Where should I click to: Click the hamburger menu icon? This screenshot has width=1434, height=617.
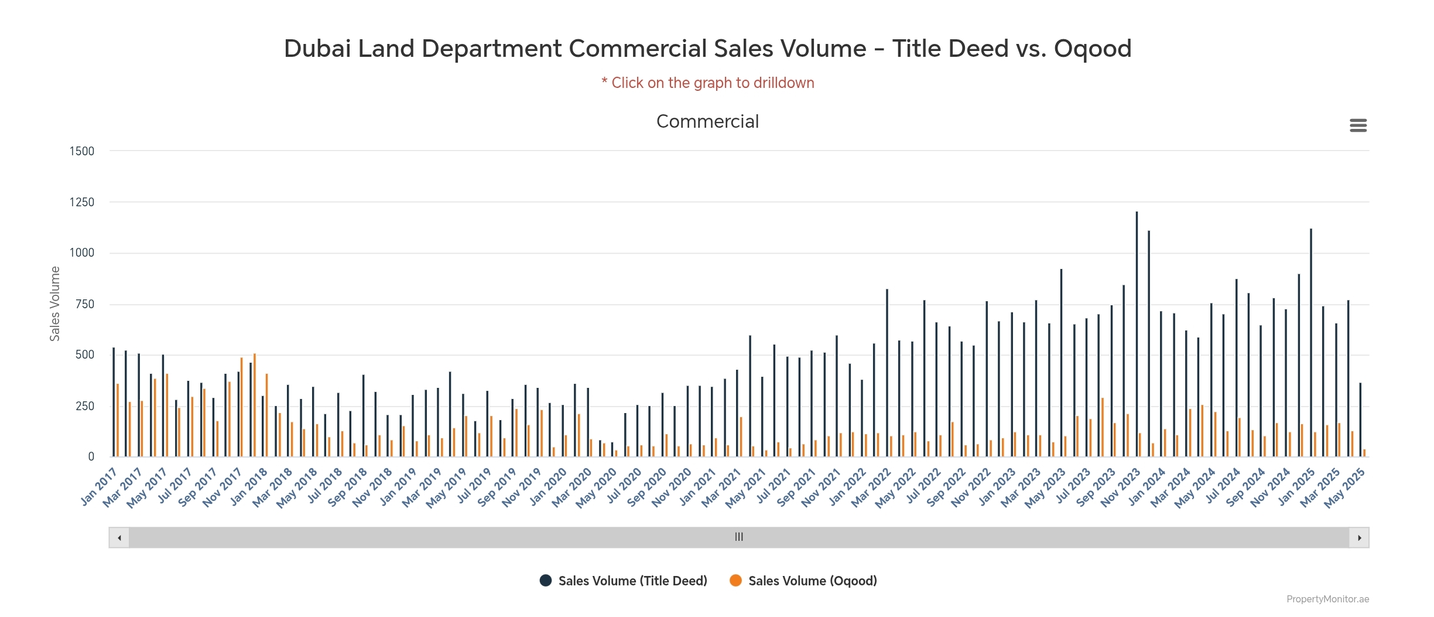point(1358,125)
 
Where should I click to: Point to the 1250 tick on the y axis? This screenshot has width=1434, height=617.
point(82,202)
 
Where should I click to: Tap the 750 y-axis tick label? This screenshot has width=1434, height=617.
point(85,304)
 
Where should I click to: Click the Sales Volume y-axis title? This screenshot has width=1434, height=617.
point(55,304)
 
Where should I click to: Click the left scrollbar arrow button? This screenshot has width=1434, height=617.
point(119,537)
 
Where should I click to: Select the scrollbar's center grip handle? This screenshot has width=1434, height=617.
point(739,537)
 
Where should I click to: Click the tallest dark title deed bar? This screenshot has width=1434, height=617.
point(1137,334)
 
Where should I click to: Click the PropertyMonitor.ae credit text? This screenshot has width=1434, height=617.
point(1327,599)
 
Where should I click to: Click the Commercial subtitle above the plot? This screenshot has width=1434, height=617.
point(707,121)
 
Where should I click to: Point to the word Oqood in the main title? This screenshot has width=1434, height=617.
point(1093,49)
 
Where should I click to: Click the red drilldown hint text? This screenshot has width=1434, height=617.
point(708,83)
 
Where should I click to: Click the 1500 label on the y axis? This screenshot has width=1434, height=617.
point(82,151)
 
